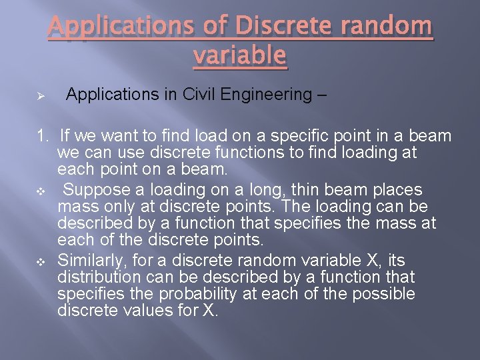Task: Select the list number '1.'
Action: point(43,137)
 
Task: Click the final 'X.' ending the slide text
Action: point(209,311)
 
